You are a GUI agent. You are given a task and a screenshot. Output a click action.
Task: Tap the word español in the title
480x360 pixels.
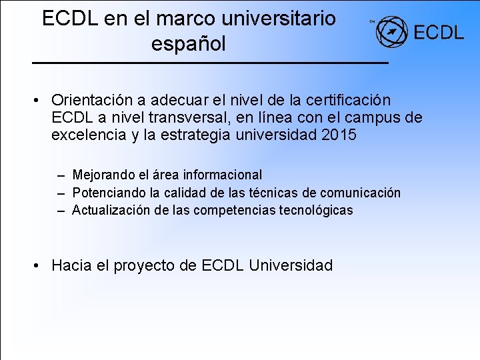(x=189, y=44)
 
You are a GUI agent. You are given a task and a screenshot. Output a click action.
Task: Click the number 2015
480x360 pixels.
(x=339, y=135)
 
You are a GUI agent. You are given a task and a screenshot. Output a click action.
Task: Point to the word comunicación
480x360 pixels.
(x=360, y=193)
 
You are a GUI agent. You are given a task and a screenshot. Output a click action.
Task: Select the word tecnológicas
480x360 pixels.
(x=314, y=210)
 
